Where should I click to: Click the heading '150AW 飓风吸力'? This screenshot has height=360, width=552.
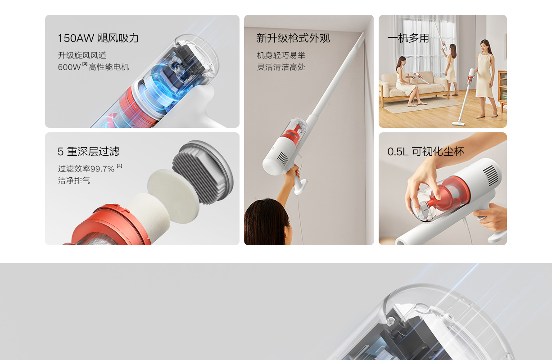pyautogui.click(x=98, y=38)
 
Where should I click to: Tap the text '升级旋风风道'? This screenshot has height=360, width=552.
pyautogui.click(x=82, y=55)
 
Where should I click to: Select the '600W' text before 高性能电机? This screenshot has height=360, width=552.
pyautogui.click(x=69, y=67)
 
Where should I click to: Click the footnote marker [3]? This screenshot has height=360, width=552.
pyautogui.click(x=85, y=64)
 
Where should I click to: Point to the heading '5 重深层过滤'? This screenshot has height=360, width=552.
pyautogui.click(x=88, y=152)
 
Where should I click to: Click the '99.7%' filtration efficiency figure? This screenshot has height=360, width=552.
pyautogui.click(x=102, y=169)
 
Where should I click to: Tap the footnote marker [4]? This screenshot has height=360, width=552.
pyautogui.click(x=119, y=166)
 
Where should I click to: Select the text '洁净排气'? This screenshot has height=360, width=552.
pyautogui.click(x=74, y=180)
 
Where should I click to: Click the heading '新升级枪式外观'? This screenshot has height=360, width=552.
pyautogui.click(x=293, y=38)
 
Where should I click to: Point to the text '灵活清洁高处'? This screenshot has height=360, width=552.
pyautogui.click(x=281, y=67)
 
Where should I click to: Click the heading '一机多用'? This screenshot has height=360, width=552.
pyautogui.click(x=408, y=38)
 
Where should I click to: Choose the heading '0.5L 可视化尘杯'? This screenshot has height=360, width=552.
pyautogui.click(x=425, y=152)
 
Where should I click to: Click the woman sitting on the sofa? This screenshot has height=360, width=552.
pyautogui.click(x=406, y=81)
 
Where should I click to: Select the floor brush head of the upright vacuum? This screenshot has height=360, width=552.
pyautogui.click(x=459, y=123)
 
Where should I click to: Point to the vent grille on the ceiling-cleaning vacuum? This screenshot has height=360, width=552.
pyautogui.click(x=283, y=158)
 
